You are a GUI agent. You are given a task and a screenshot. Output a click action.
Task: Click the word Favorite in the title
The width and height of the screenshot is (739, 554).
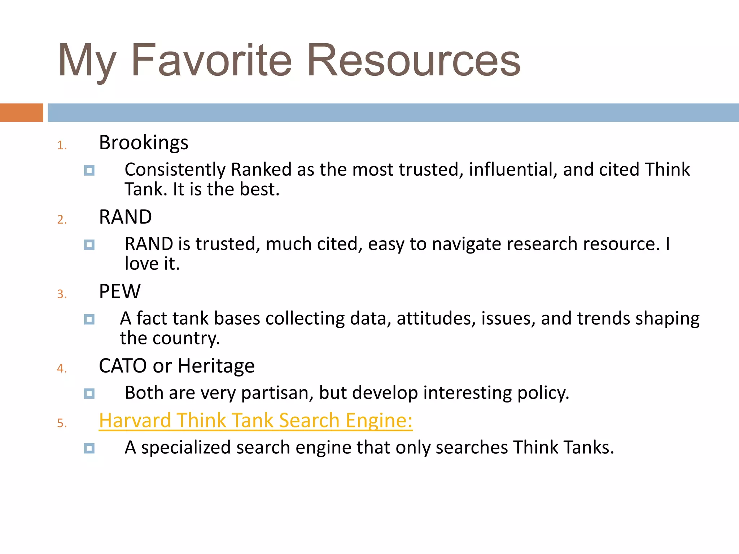(x=211, y=60)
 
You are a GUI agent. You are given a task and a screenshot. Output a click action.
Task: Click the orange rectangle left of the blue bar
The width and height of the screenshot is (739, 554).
(x=21, y=113)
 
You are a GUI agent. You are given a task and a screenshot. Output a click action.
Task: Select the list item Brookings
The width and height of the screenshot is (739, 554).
(x=144, y=142)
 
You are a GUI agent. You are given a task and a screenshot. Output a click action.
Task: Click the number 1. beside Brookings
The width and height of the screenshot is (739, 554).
(x=62, y=145)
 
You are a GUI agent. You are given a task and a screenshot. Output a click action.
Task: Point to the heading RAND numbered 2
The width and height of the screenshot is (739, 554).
(x=125, y=217)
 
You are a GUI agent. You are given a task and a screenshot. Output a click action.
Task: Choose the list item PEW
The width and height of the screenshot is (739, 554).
(x=119, y=291)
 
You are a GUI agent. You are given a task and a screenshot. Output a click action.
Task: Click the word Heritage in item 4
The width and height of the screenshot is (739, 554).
(x=216, y=366)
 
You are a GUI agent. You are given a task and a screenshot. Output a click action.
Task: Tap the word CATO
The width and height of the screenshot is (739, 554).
(x=123, y=366)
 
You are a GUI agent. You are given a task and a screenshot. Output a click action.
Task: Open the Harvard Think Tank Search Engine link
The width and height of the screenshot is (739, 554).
(x=255, y=421)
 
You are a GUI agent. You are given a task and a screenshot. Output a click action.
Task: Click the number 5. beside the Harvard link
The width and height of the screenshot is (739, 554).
(x=62, y=423)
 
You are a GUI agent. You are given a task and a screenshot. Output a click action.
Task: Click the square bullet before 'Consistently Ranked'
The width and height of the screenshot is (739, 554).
(x=89, y=170)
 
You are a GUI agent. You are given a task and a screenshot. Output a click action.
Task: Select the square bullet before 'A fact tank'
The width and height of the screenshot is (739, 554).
(x=89, y=319)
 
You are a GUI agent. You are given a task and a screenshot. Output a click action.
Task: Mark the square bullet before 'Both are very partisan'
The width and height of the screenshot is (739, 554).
(x=89, y=393)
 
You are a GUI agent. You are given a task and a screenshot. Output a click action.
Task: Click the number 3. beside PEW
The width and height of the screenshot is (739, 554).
(x=62, y=294)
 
